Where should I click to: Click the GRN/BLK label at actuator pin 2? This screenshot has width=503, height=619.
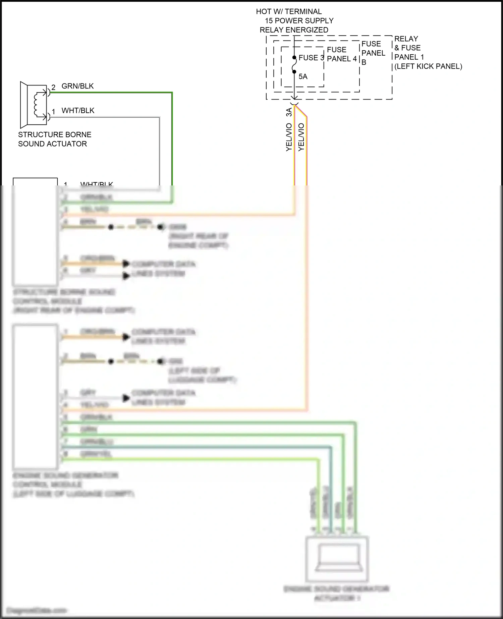77,86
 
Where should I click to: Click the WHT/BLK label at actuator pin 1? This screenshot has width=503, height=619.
78,111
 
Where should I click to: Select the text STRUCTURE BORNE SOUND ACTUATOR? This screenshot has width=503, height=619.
54,139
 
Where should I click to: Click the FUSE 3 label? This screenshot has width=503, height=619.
311,58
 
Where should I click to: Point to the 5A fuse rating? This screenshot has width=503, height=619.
303,77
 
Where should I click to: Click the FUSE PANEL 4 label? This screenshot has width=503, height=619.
342,54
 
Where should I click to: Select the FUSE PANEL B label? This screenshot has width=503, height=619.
373,53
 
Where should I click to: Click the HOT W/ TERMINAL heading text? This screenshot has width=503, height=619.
289,11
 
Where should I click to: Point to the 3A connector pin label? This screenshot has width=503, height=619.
289,112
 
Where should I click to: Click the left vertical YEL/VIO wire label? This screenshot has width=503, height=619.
289,137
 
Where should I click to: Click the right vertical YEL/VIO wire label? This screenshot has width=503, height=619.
301,137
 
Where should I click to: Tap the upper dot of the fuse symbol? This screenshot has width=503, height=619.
294,58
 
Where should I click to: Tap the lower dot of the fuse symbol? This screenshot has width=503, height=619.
294,71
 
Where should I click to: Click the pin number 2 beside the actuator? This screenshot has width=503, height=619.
53,88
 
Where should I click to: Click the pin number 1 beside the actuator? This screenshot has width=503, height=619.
53,112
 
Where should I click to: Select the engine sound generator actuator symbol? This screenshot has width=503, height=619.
337,559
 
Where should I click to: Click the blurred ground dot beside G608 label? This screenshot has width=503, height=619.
161,227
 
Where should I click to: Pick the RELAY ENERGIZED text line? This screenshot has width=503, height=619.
294,30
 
